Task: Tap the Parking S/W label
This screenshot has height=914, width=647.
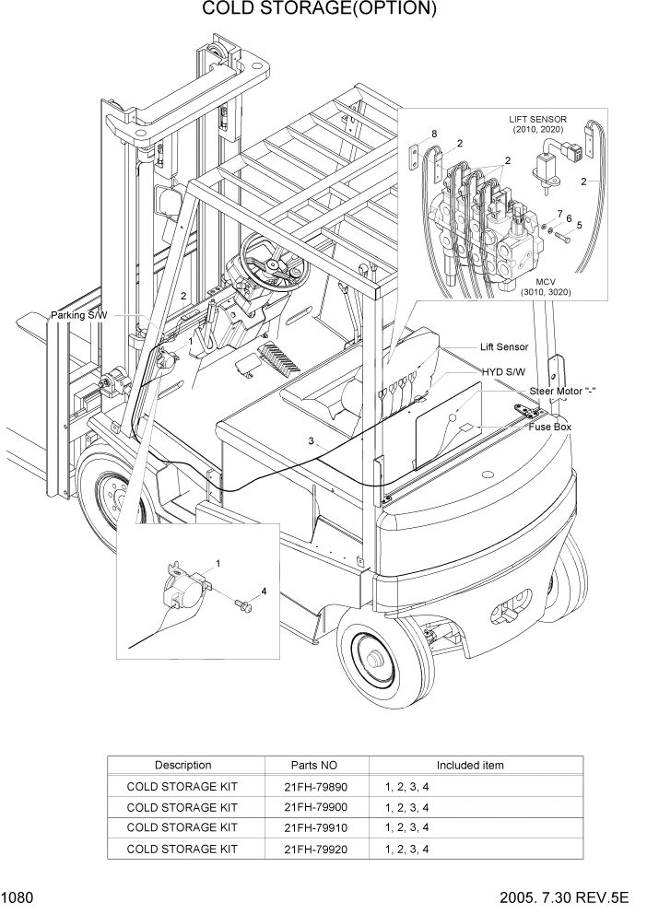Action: click(x=79, y=315)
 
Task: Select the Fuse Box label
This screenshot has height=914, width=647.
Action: click(x=549, y=428)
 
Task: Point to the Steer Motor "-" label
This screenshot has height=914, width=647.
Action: click(x=562, y=391)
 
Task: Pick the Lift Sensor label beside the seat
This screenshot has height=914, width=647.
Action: click(x=503, y=347)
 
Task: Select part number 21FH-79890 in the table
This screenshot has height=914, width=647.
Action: click(x=316, y=785)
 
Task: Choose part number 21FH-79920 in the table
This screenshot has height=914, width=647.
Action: click(x=316, y=849)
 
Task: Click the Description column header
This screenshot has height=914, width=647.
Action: click(x=182, y=765)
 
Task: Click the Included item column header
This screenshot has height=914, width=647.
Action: click(x=469, y=765)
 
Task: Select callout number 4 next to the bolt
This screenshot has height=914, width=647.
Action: click(x=264, y=591)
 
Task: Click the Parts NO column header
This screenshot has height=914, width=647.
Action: click(x=316, y=765)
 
